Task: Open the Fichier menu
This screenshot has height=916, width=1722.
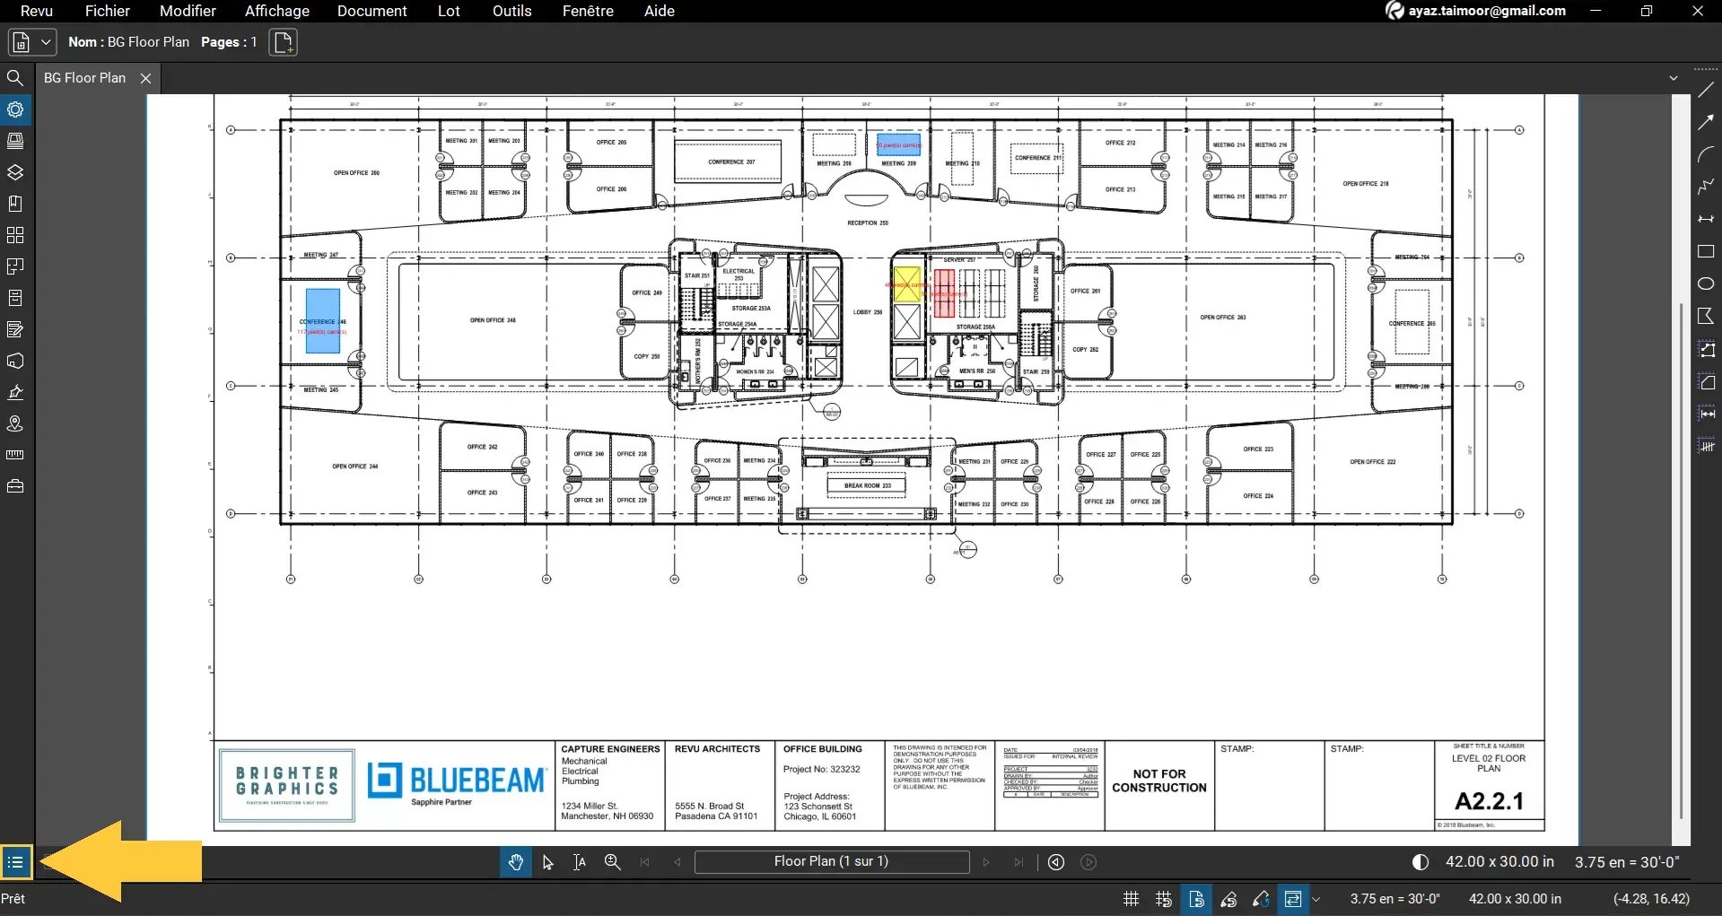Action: click(x=107, y=11)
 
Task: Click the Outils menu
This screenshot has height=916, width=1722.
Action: click(x=511, y=11)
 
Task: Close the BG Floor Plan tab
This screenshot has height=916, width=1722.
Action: click(x=145, y=78)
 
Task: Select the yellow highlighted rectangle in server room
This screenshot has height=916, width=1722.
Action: click(x=906, y=284)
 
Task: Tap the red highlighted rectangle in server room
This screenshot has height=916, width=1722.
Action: click(x=943, y=292)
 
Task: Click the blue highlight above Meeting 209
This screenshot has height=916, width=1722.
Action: click(x=898, y=144)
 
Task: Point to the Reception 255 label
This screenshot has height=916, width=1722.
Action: click(x=867, y=222)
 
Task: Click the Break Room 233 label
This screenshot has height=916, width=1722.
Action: click(x=867, y=485)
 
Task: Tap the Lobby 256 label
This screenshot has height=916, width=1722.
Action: click(x=867, y=312)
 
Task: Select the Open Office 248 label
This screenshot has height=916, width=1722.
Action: click(x=493, y=320)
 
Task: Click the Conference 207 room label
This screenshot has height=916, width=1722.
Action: click(x=730, y=162)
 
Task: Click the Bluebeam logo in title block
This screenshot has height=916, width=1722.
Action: click(x=456, y=781)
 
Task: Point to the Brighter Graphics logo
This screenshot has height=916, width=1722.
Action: click(x=287, y=785)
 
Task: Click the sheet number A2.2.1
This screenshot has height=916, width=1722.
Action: click(x=1489, y=800)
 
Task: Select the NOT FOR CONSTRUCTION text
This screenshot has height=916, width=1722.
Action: click(x=1158, y=781)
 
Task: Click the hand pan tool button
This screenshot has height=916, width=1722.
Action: click(x=515, y=862)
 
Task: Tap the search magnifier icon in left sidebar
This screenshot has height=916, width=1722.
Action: click(x=15, y=78)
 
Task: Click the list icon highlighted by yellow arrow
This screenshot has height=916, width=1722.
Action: click(x=15, y=863)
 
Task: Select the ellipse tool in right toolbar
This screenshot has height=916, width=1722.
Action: click(x=1706, y=284)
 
